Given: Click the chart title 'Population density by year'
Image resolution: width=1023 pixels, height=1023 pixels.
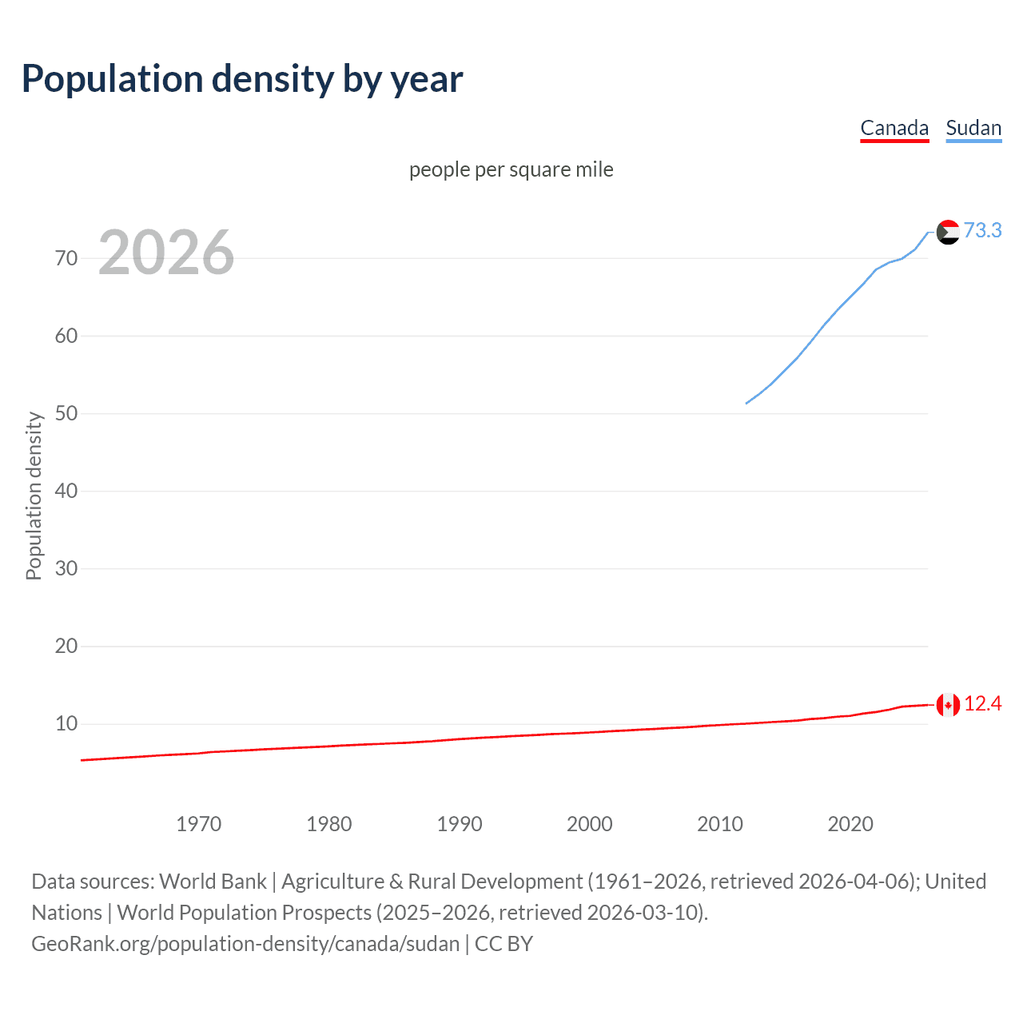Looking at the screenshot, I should click(242, 78).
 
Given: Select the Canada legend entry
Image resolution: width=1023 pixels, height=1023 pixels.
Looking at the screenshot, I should click(894, 128).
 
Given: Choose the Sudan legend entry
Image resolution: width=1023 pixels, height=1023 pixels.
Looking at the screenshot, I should click(973, 128).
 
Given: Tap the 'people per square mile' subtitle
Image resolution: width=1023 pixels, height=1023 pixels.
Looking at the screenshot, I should click(511, 169).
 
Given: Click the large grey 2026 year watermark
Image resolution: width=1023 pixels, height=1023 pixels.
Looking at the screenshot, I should click(166, 253).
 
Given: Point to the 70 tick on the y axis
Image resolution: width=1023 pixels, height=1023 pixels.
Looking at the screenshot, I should click(66, 258).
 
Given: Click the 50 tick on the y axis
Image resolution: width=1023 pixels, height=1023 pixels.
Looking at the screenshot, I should click(66, 413).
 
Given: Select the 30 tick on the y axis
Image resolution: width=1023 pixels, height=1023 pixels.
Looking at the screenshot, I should click(66, 568).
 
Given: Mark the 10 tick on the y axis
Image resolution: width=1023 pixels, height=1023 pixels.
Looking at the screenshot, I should click(66, 723).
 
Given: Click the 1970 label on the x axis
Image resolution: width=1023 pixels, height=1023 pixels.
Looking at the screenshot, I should click(198, 824).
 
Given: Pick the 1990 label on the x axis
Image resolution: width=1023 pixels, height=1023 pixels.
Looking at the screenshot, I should click(459, 824).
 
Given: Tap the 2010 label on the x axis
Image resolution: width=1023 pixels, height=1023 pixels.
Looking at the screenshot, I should click(719, 824).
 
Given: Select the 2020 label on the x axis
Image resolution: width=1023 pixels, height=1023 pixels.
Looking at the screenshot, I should click(850, 824).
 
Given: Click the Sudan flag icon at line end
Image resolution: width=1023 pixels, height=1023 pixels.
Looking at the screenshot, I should click(948, 232).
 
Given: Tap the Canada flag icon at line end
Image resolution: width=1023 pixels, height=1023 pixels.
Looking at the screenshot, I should click(948, 705).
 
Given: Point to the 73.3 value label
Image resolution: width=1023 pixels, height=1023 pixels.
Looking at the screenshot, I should click(982, 230).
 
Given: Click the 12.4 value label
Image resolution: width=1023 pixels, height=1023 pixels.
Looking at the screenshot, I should click(982, 703).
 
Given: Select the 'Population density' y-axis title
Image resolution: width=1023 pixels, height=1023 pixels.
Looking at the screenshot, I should click(34, 496).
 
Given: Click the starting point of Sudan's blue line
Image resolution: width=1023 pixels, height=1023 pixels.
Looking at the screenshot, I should click(746, 403).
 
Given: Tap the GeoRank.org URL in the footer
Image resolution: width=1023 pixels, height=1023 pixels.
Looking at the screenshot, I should click(245, 943).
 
